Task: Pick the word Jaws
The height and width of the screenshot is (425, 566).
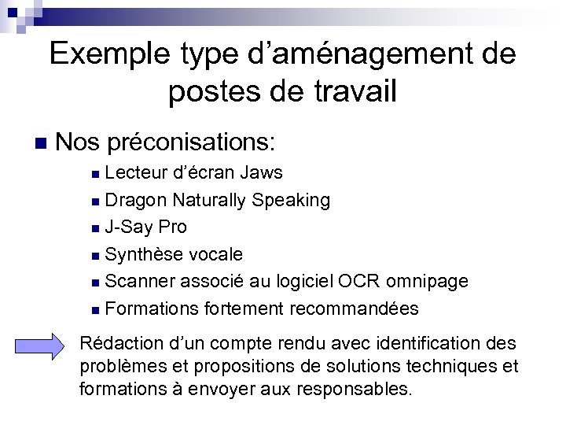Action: point(262,172)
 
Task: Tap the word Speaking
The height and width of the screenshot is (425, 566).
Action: point(291,200)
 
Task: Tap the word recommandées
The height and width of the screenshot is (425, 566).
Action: point(354,308)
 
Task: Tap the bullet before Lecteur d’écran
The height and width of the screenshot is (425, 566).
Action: point(95,173)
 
